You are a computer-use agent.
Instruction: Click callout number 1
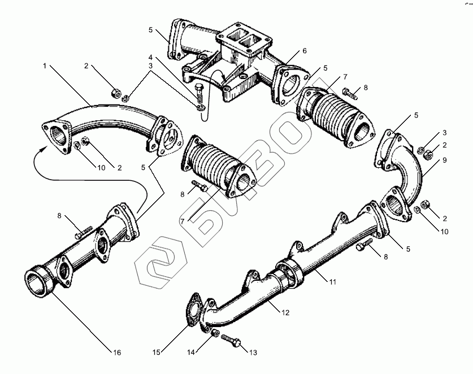44,66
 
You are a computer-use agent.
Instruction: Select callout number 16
117,353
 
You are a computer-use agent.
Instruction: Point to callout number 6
304,51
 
